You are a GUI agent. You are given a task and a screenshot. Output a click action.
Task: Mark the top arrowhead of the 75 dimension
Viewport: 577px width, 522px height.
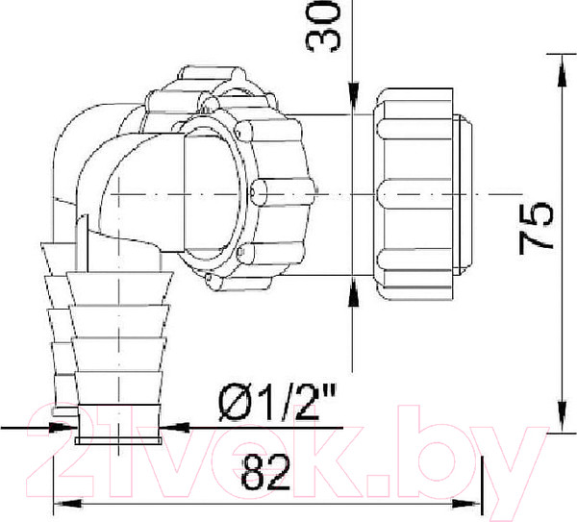coord(558,60)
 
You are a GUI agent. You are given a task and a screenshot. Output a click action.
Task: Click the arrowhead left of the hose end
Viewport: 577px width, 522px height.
coord(63,426)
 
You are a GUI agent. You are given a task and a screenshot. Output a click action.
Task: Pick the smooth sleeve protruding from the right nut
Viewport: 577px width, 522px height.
coord(466,192)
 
